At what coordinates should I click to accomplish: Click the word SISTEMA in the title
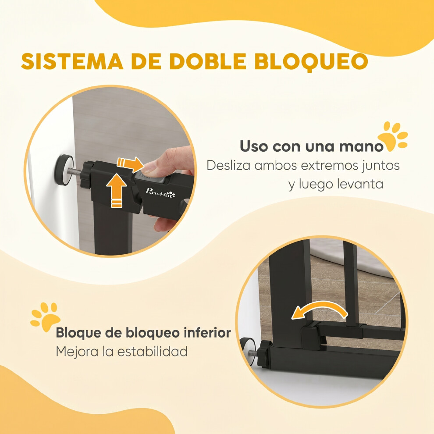tap(72, 61)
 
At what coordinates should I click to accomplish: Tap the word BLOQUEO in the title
tap(311, 62)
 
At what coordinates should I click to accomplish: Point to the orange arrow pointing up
tap(116, 190)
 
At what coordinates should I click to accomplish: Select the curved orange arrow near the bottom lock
tap(319, 310)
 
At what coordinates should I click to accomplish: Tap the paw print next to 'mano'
tap(393, 136)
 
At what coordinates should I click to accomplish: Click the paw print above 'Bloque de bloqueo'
tap(45, 317)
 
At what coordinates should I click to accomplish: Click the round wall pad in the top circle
tap(64, 170)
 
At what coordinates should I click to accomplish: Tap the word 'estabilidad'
tap(153, 351)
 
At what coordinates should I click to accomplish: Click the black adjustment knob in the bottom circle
tap(265, 354)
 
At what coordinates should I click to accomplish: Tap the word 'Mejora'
tap(77, 352)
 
